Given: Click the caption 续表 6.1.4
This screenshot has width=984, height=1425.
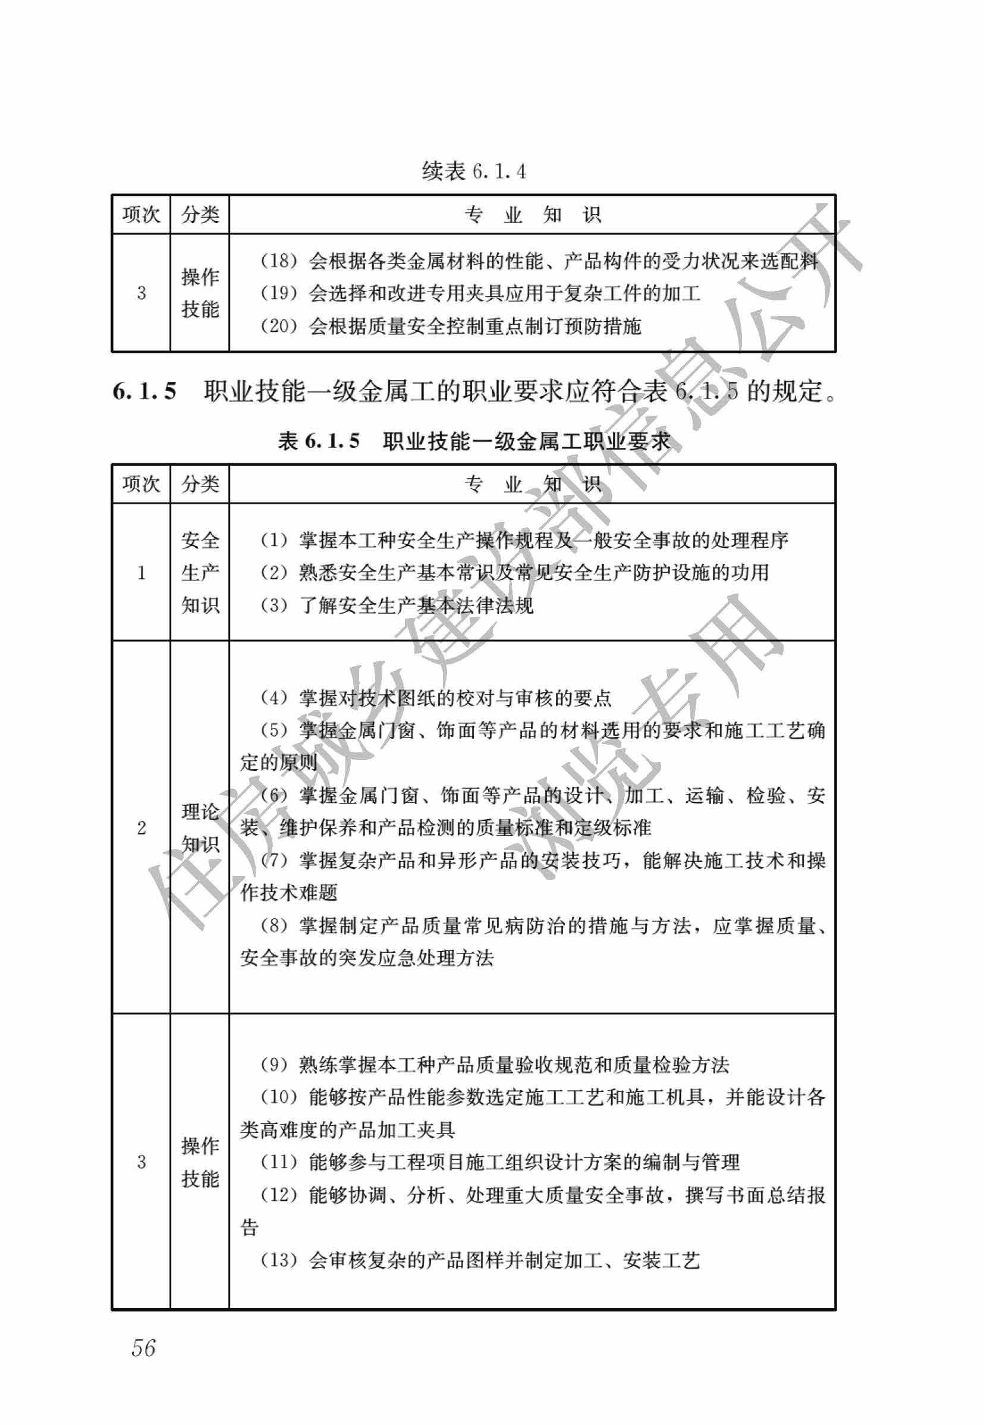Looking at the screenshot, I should (473, 171).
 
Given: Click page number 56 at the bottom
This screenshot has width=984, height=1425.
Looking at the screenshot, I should (143, 1348).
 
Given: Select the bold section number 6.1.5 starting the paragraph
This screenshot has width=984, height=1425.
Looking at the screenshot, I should (144, 391).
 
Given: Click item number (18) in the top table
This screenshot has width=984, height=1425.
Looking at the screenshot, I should (279, 261).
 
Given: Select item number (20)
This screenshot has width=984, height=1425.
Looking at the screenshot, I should (279, 325).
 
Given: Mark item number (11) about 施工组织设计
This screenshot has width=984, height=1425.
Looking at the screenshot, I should (279, 1162).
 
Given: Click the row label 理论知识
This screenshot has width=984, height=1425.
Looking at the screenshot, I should (200, 827).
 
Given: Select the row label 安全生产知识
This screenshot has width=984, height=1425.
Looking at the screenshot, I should (200, 572).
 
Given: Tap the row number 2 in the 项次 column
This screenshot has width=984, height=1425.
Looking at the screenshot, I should (141, 827).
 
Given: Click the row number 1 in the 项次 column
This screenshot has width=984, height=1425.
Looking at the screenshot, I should (141, 573).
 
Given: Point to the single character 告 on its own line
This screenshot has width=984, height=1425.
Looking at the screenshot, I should (249, 1227).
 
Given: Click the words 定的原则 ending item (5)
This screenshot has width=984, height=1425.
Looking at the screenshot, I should (279, 762).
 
